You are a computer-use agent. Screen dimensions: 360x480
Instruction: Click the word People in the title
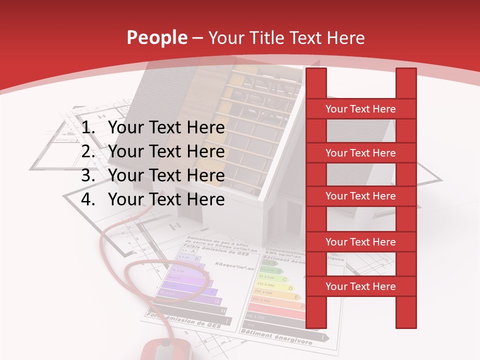(156, 37)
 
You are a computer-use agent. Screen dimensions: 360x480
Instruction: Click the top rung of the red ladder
(360, 109)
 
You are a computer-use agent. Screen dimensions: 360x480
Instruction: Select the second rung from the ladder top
(360, 153)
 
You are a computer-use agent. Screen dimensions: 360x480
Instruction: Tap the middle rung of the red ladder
(360, 196)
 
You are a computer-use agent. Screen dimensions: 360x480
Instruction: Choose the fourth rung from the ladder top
(360, 242)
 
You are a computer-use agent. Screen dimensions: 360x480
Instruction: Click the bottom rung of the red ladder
(360, 286)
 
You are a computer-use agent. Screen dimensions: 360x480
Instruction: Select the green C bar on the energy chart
(270, 278)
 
